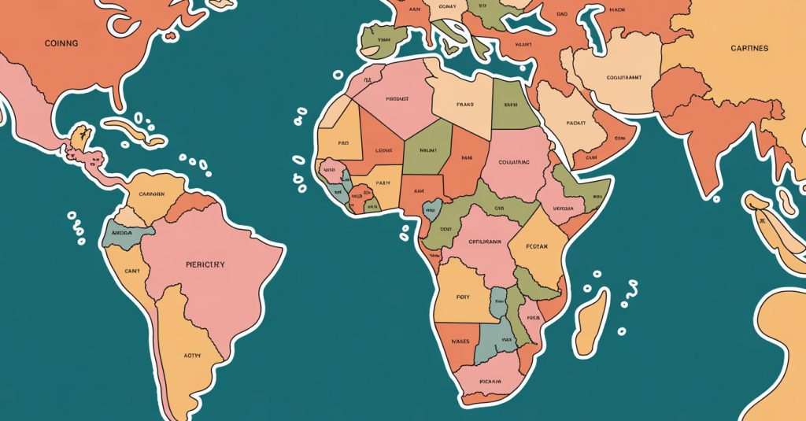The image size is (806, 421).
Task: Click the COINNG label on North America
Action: (61, 43)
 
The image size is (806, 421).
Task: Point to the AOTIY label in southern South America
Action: (192, 355)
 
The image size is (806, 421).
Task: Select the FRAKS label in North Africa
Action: (465, 104)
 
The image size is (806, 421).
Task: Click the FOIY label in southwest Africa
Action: (462, 297)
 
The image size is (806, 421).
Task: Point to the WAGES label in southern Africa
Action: (460, 342)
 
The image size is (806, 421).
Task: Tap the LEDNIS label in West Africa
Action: (383, 150)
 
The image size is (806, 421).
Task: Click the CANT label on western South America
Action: (131, 271)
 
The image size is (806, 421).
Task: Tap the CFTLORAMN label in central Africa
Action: (479, 242)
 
